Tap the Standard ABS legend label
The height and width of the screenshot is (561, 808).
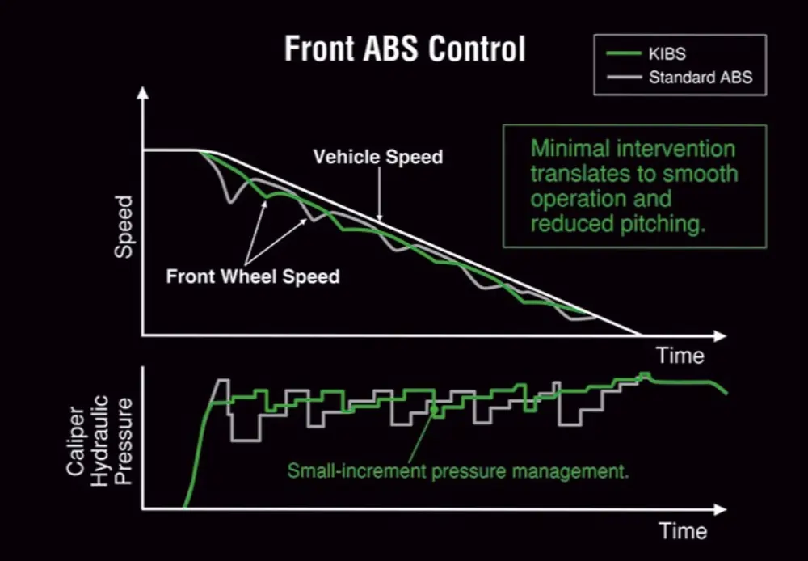coord(699,78)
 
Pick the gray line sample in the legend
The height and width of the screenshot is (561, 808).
coord(624,78)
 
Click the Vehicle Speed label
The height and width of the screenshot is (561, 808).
coord(378,156)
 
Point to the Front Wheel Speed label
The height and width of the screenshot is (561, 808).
coord(253,276)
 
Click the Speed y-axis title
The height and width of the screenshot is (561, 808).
coord(123,226)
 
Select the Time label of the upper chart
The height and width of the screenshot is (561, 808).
coord(680,356)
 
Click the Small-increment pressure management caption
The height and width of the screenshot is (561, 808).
coord(458,469)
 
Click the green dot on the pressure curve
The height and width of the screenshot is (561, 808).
coord(435,410)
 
